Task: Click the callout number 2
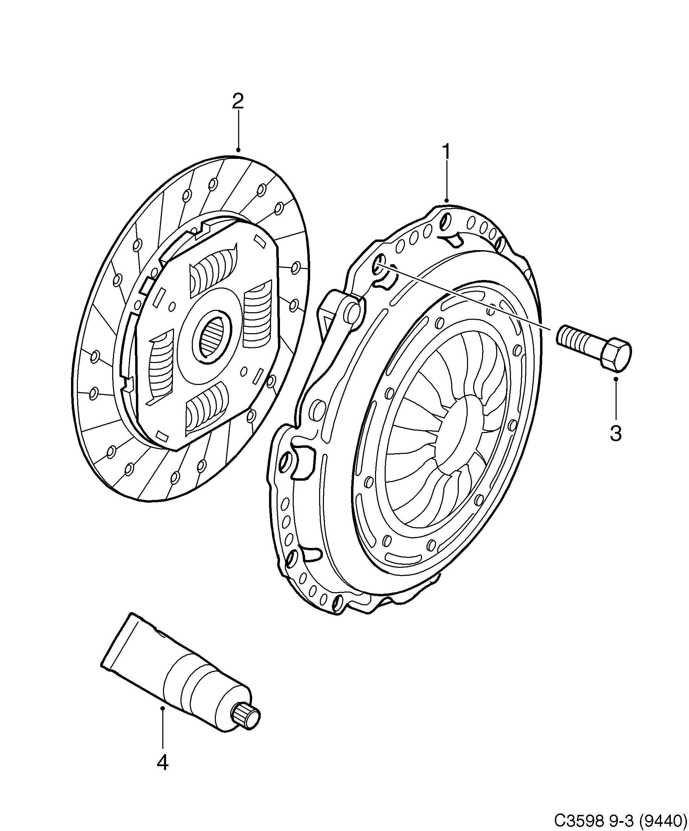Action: click(237, 101)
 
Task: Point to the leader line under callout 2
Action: click(238, 131)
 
